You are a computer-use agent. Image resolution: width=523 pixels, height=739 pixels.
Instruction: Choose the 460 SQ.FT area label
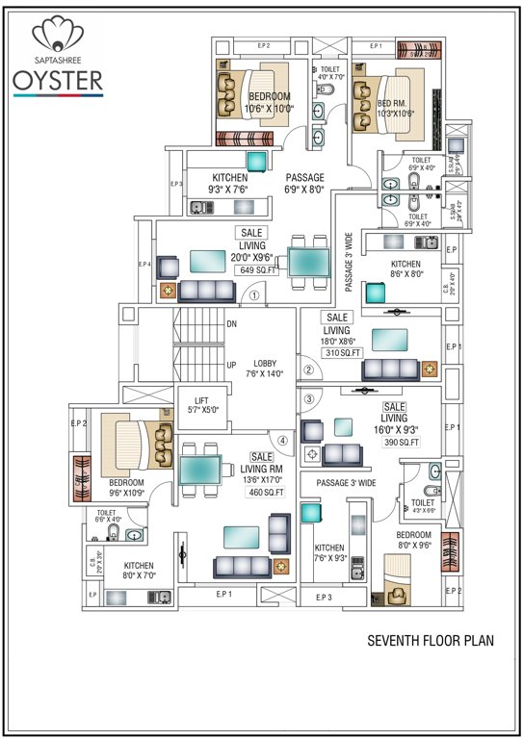266,492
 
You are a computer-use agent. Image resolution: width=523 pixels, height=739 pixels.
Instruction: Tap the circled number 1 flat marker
254,296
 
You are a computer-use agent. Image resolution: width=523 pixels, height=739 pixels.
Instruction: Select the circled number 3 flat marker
308,398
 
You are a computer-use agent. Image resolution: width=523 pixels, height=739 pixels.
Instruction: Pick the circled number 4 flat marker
283,442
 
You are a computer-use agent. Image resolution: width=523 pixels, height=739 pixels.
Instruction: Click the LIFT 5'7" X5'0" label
202,405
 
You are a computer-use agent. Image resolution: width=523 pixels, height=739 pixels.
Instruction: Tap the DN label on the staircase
231,324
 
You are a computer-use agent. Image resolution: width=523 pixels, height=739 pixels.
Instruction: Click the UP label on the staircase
231,365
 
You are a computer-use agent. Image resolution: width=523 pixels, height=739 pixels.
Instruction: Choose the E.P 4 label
145,264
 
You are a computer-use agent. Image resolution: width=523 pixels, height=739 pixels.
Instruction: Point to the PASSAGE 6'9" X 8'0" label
304,183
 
